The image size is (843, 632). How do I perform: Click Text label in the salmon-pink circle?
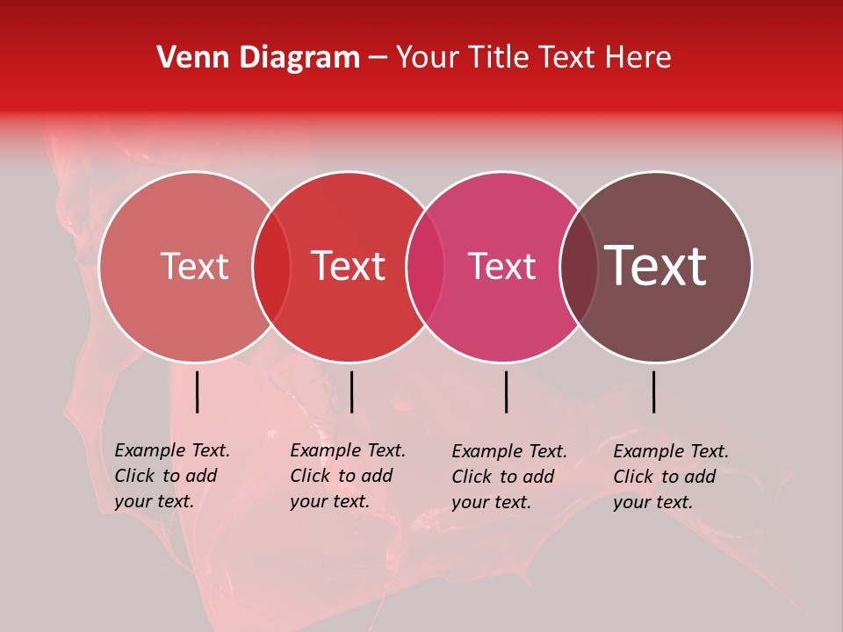pyautogui.click(x=194, y=266)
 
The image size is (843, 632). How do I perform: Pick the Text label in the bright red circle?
pyautogui.click(x=349, y=266)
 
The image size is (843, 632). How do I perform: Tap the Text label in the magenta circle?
pyautogui.click(x=502, y=266)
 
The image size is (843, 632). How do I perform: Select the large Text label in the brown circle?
pyautogui.click(x=656, y=266)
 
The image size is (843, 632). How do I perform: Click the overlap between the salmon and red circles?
pyautogui.click(x=271, y=267)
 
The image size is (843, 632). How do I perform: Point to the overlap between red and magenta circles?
pyautogui.click(x=425, y=267)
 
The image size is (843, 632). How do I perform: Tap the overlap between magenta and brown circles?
pyautogui.click(x=579, y=267)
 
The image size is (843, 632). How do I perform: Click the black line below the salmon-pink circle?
pyautogui.click(x=198, y=391)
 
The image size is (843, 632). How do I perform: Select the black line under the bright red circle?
pyautogui.click(x=351, y=391)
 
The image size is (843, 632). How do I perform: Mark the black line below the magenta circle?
pyautogui.click(x=507, y=391)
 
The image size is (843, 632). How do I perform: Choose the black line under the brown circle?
pyautogui.click(x=654, y=391)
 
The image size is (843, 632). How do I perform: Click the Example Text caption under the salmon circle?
pyautogui.click(x=171, y=476)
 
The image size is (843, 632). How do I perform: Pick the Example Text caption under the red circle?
pyautogui.click(x=347, y=476)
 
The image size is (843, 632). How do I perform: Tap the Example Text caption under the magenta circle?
pyautogui.click(x=508, y=477)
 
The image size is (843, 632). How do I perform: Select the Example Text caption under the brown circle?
pyautogui.click(x=670, y=477)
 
